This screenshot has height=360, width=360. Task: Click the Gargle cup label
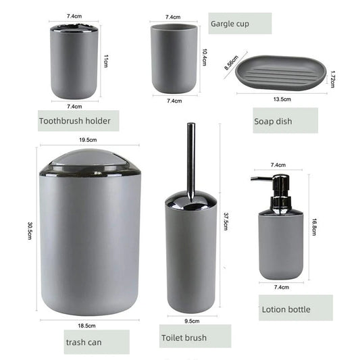230,24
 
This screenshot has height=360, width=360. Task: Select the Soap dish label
272,122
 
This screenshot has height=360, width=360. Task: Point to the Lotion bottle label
286,309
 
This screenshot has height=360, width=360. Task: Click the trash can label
84,342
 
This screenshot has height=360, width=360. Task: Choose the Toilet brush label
184,337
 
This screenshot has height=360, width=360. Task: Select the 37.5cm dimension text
225,221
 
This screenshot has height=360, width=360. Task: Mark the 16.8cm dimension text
314,226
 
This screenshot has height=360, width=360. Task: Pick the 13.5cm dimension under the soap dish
282,99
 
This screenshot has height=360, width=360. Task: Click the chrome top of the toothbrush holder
74,28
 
